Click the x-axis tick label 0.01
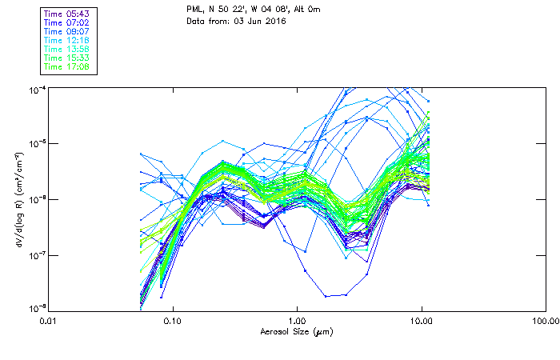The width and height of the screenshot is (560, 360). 49,322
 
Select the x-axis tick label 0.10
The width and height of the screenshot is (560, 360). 172,322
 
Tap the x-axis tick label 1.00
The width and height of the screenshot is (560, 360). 297,322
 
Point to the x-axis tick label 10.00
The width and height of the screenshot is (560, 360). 421,322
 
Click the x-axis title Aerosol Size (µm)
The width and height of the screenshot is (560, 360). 296,331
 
